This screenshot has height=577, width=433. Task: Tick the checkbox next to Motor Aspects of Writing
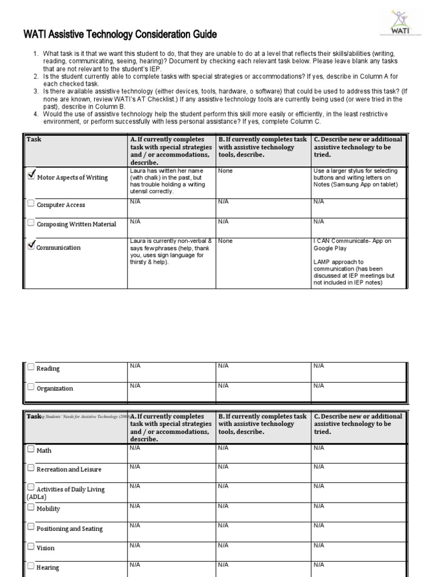(32, 176)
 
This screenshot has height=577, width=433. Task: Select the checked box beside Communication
(32, 246)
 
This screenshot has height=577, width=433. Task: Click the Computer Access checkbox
(31, 204)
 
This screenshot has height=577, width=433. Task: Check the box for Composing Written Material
(31, 223)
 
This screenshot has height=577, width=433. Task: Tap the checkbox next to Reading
(31, 367)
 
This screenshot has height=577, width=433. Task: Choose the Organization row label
(55, 389)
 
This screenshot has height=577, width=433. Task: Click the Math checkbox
(31, 450)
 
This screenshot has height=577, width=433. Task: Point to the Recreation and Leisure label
(66, 469)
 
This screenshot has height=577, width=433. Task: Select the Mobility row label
(48, 509)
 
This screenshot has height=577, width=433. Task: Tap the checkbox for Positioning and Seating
(31, 527)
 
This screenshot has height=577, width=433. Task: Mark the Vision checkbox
(31, 547)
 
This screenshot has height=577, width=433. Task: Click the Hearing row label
(47, 568)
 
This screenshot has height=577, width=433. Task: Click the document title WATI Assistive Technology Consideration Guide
(120, 35)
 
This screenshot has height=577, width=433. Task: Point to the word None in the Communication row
(226, 241)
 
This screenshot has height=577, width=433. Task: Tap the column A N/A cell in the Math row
(135, 448)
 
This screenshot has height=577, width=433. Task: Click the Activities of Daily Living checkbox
(31, 488)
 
